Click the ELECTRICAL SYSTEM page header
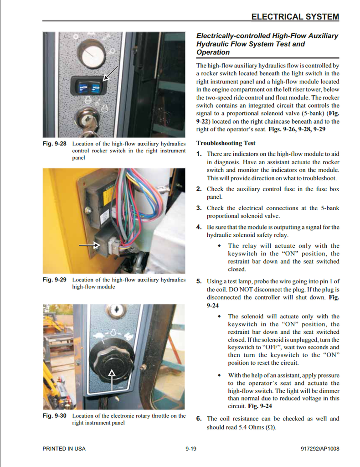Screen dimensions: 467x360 tap(295, 17)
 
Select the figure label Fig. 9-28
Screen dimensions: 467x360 tap(54, 144)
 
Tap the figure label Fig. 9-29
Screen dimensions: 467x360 tap(54, 280)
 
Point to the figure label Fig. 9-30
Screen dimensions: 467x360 tap(54, 415)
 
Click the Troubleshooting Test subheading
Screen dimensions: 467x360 tap(226, 143)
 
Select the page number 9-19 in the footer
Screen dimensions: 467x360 tap(191, 449)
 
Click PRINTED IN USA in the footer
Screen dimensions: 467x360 tap(64, 449)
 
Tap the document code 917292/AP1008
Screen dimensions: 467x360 tap(320, 449)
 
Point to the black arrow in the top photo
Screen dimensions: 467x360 tap(111, 73)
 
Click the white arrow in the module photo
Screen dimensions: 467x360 tap(89, 245)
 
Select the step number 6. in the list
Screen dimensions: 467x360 tap(199, 419)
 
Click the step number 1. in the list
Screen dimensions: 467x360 tap(199, 154)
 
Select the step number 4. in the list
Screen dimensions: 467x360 tap(199, 227)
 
